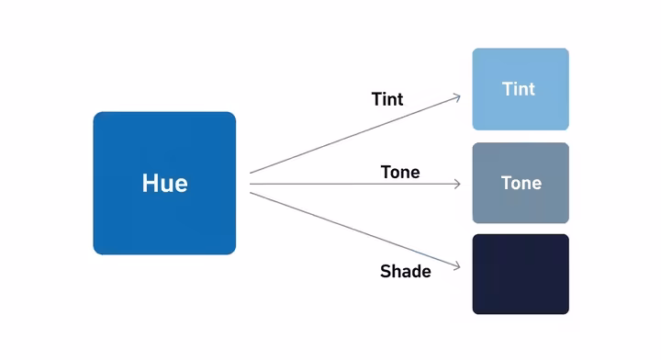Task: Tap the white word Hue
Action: coord(164,183)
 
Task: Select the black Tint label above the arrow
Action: coord(387,99)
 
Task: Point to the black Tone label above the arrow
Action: coord(399,172)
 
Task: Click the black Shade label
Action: coord(405,271)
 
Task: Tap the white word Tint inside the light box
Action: coord(519,89)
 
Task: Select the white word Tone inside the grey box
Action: coord(521,183)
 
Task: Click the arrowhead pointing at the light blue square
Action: coord(456,96)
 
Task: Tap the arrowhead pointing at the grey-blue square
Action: coord(456,184)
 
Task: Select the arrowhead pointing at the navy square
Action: coord(456,273)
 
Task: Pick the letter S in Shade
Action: coord(385,272)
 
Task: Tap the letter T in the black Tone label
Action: coord(386,172)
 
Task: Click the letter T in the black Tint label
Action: coord(376,99)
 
